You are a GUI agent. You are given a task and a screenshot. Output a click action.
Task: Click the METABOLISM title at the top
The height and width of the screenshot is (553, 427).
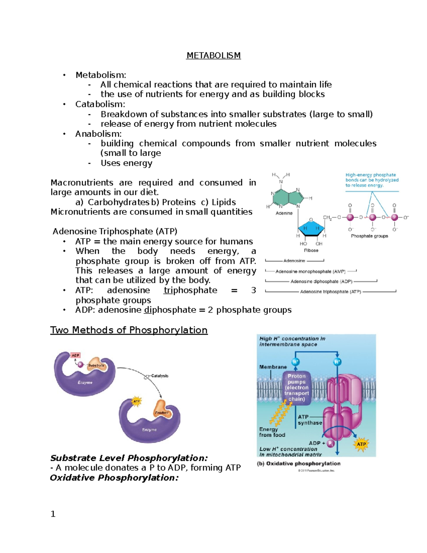click(213, 56)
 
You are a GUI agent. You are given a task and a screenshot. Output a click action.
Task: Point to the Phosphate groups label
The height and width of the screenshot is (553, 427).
click(369, 236)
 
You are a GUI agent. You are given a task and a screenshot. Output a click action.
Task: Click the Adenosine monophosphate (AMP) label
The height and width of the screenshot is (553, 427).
click(310, 271)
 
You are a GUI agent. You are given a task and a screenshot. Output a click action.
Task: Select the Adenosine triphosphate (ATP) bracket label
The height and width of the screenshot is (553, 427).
click(331, 292)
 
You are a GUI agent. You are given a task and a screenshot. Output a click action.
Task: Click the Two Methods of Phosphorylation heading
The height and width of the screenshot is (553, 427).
click(129, 330)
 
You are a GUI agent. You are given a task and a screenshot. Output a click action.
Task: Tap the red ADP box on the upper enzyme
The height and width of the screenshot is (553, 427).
click(75, 355)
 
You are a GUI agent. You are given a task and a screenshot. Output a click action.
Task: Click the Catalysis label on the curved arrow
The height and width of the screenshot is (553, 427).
click(159, 376)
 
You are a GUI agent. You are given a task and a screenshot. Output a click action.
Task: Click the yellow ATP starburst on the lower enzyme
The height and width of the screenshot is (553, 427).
click(136, 401)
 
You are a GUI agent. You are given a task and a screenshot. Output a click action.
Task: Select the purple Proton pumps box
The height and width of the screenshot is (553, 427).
click(296, 387)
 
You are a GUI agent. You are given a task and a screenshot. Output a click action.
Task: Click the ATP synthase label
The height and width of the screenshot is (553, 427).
click(309, 420)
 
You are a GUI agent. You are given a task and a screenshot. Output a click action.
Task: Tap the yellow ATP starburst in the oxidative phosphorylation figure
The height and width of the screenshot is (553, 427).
click(361, 444)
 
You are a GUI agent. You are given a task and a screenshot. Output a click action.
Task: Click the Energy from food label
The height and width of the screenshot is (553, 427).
click(272, 432)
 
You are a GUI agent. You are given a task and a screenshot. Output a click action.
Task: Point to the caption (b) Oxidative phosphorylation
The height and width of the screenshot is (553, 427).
click(299, 464)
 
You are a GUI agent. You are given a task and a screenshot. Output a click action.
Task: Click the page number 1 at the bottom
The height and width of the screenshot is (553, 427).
click(53, 514)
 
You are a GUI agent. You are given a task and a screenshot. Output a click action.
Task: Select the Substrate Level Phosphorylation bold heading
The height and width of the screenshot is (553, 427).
click(129, 458)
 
